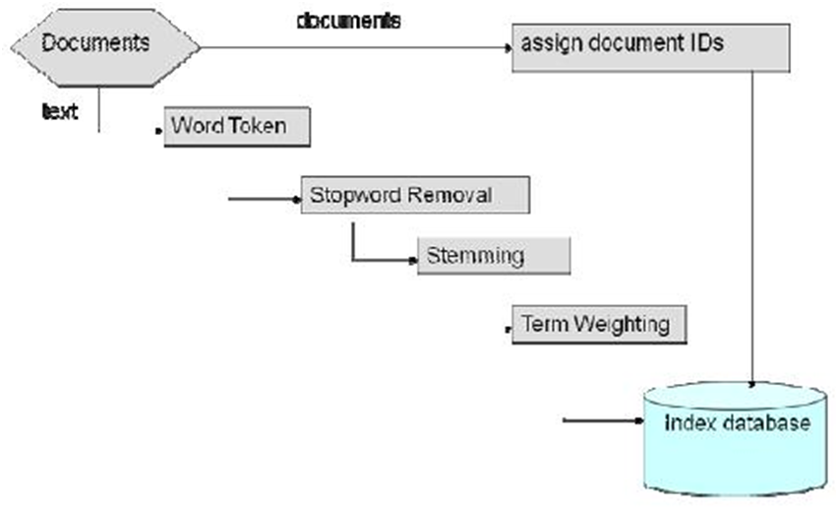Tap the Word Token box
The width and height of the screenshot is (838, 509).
click(x=237, y=127)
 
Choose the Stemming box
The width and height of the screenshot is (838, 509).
click(x=494, y=256)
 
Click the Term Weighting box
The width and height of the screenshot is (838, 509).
click(x=599, y=324)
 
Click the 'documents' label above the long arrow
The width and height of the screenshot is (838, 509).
click(x=348, y=21)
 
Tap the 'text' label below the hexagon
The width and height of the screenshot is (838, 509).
click(x=59, y=111)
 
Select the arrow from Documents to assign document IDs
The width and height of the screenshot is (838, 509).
click(x=354, y=46)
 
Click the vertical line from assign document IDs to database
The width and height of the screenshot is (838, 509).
click(x=753, y=226)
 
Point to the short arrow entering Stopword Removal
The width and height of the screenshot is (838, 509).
click(x=264, y=200)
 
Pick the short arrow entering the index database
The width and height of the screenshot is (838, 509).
click(x=600, y=422)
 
